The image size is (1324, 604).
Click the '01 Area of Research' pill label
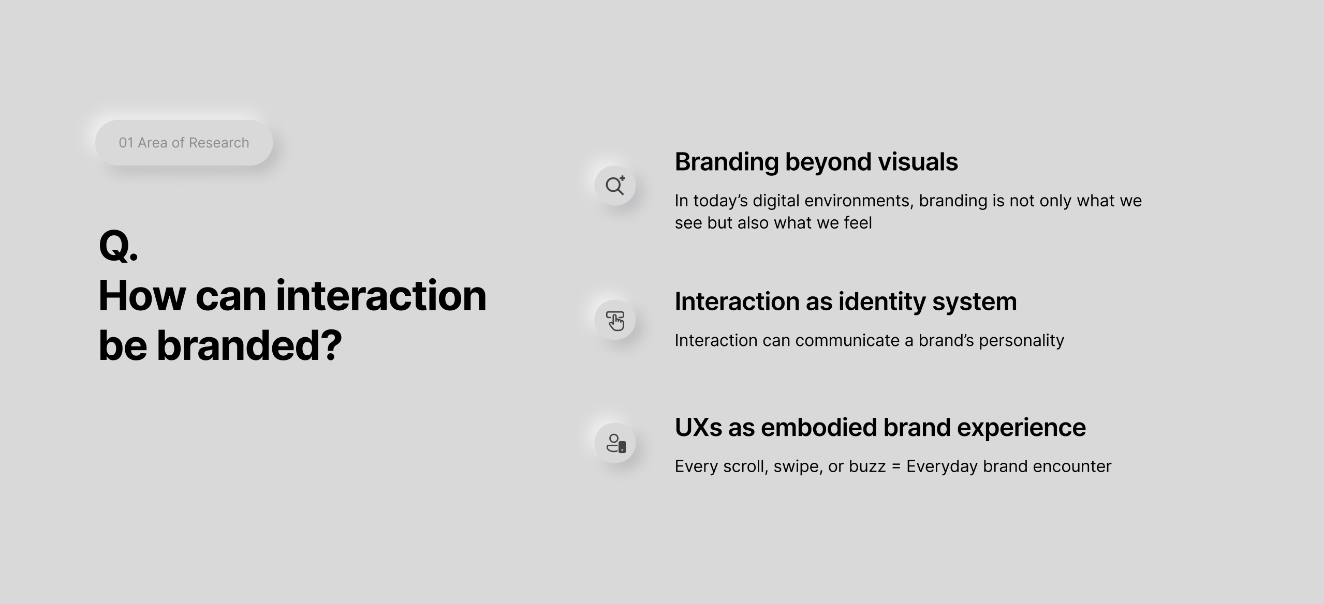184,143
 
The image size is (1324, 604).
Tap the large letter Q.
114,246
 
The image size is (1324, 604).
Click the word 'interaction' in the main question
381,296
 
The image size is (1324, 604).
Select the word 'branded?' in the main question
249,345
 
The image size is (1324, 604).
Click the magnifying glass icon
615,186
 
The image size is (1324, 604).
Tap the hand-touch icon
615,321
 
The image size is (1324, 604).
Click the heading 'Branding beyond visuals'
816,162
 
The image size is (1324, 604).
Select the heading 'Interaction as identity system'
846,301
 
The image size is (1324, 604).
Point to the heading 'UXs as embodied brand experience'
880,428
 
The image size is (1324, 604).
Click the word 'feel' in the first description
858,223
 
